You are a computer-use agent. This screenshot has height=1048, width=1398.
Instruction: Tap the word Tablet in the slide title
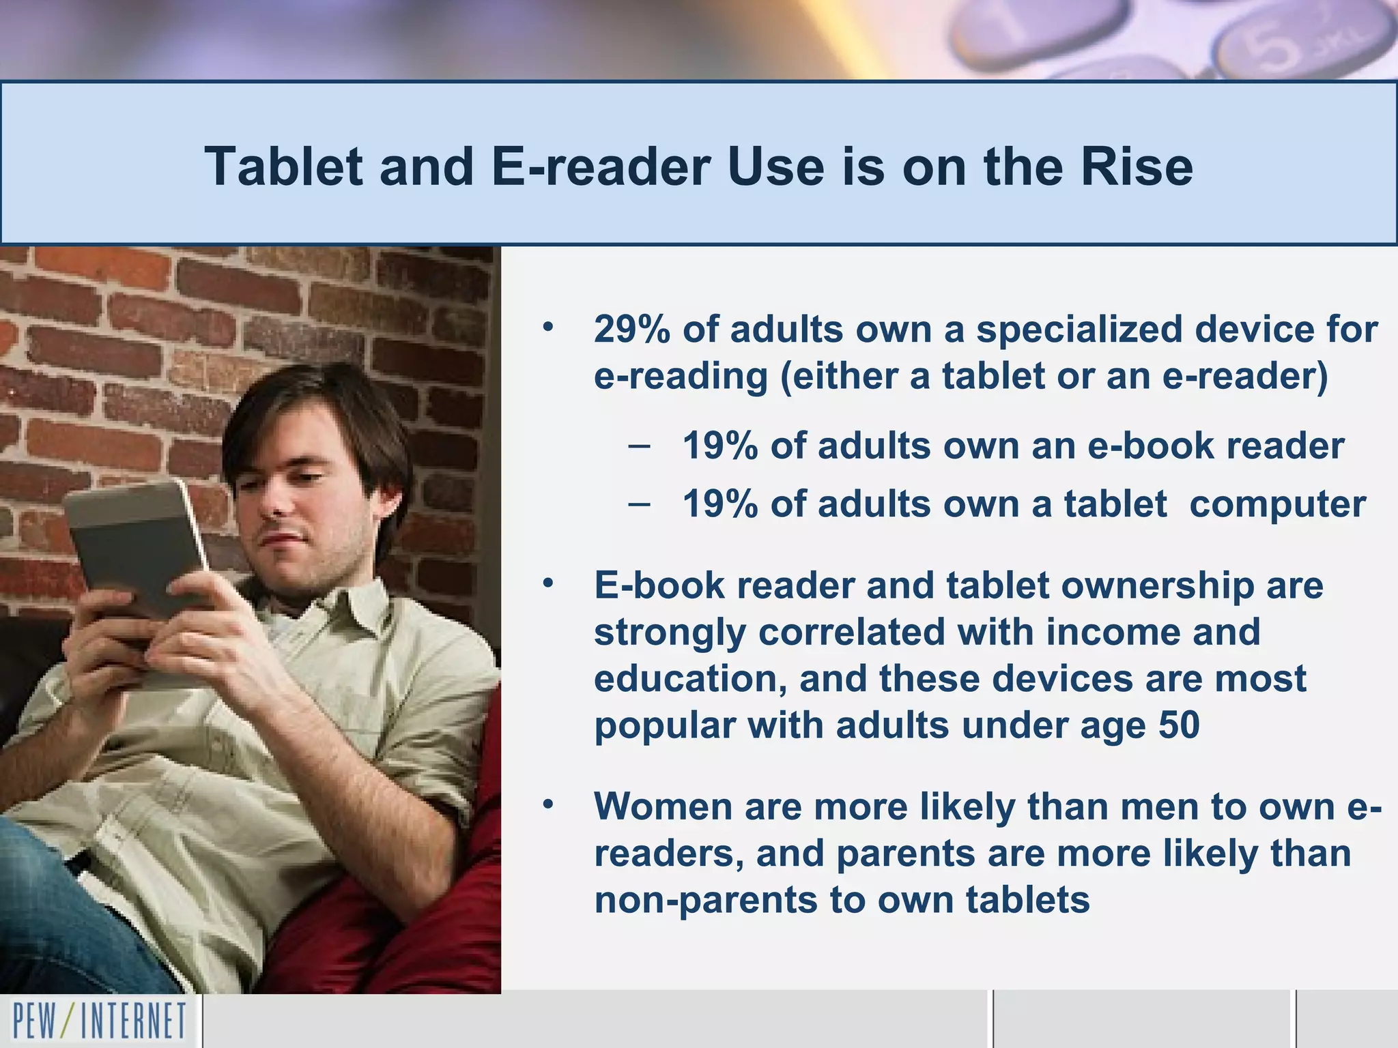(x=283, y=166)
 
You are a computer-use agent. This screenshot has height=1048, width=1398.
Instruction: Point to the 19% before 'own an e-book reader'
(x=720, y=446)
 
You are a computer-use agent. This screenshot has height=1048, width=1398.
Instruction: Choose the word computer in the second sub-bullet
(x=1278, y=505)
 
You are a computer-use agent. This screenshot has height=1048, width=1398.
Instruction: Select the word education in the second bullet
(x=689, y=679)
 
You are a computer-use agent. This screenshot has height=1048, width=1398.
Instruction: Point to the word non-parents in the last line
(x=706, y=900)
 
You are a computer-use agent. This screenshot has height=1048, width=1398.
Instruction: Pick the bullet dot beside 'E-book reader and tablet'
(x=547, y=584)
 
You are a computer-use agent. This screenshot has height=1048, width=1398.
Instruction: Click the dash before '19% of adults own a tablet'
(x=638, y=505)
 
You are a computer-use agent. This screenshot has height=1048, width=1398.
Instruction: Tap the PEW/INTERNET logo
(x=100, y=1021)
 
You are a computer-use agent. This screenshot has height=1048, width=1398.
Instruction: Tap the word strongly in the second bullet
(x=669, y=632)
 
